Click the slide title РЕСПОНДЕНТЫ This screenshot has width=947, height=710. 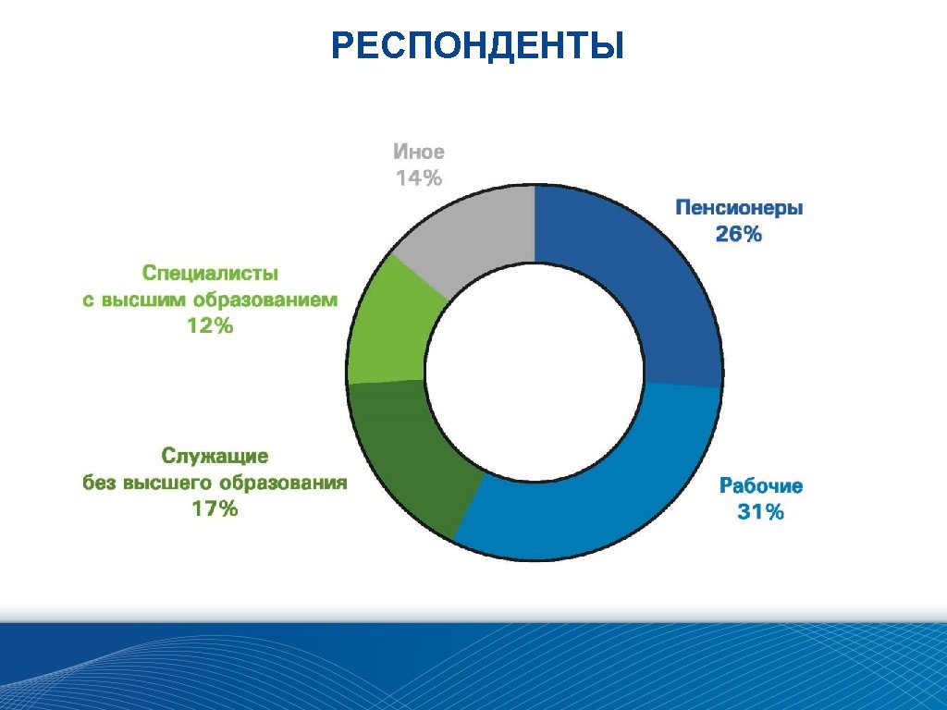477,45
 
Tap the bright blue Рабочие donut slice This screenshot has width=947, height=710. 592,499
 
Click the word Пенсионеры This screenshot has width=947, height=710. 739,207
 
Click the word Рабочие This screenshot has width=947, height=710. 761,485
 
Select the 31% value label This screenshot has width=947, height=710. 760,512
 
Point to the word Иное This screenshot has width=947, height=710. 419,152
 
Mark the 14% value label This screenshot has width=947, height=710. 419,178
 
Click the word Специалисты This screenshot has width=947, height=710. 210,273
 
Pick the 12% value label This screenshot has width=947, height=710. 210,326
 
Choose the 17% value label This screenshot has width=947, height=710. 215,508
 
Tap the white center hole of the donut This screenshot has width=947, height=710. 535,374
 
